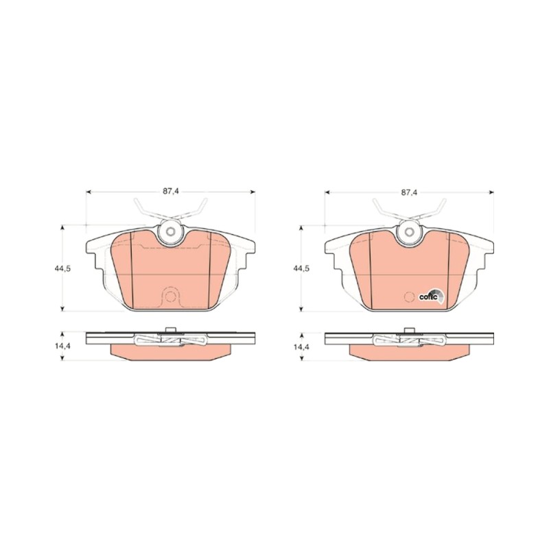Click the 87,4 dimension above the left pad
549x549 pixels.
pyautogui.click(x=170, y=192)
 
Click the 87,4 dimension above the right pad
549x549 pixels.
pyautogui.click(x=409, y=192)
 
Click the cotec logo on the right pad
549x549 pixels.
pyautogui.click(x=432, y=296)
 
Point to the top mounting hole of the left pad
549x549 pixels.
pyautogui.click(x=170, y=231)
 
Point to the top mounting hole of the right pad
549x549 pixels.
pyautogui.click(x=409, y=232)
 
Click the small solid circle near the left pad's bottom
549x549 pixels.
pyautogui.click(x=170, y=296)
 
